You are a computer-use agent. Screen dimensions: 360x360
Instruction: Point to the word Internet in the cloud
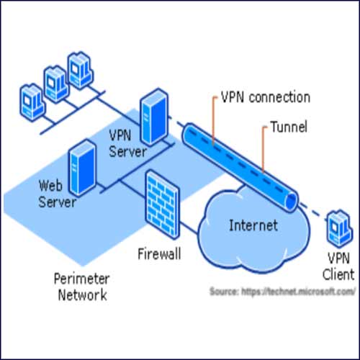(x=253, y=225)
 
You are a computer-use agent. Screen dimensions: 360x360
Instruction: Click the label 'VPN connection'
(x=264, y=97)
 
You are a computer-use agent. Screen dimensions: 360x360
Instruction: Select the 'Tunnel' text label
(x=289, y=127)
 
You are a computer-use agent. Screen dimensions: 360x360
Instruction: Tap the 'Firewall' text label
(x=159, y=253)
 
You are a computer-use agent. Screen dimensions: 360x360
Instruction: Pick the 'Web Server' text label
(x=57, y=194)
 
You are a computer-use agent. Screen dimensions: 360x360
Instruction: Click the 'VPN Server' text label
(x=127, y=143)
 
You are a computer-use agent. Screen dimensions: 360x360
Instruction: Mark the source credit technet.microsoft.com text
(x=282, y=292)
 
